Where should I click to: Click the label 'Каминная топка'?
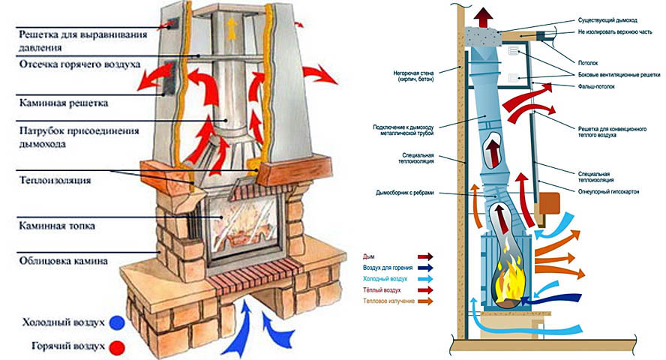point(57,226)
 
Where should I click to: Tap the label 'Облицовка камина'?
point(63,261)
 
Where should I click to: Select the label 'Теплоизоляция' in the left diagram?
point(55,181)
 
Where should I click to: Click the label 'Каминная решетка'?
point(64,103)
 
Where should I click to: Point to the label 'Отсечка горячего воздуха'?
point(79,64)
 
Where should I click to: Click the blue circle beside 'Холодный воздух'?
point(117,323)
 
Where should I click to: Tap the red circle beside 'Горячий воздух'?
point(117,348)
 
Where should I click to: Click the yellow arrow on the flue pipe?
point(231,28)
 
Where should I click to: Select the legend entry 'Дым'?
point(369,256)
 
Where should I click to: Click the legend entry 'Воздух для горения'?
point(388,268)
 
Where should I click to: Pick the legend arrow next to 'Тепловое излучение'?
point(425,301)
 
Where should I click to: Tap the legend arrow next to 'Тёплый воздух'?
point(425,290)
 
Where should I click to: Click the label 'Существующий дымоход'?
point(607,20)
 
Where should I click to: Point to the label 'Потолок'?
point(588,63)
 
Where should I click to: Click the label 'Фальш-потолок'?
point(596,86)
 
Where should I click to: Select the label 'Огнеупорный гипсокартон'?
point(608,192)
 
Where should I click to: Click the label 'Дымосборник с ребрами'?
point(405,193)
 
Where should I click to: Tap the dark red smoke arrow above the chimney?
point(484,18)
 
